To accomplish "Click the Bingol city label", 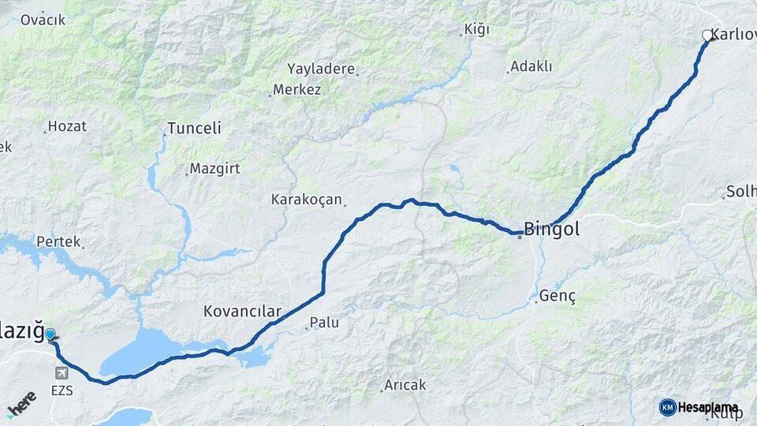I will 552,230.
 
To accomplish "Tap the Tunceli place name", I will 195,128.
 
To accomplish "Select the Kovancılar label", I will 242,312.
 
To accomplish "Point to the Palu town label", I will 324,322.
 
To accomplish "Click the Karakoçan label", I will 303,199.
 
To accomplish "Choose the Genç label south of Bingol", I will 559,297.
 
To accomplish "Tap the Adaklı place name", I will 531,66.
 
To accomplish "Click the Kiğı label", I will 477,30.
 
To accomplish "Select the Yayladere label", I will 321,69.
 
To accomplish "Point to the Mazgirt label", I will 215,169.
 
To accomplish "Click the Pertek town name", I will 58,241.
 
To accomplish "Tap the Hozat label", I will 67,126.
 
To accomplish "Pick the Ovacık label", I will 43,20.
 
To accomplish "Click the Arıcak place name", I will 405,385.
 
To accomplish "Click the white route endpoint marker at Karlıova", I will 707,35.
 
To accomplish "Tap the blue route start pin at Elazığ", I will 50,334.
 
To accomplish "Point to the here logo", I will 22,403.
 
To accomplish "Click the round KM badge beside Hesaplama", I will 668,407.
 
